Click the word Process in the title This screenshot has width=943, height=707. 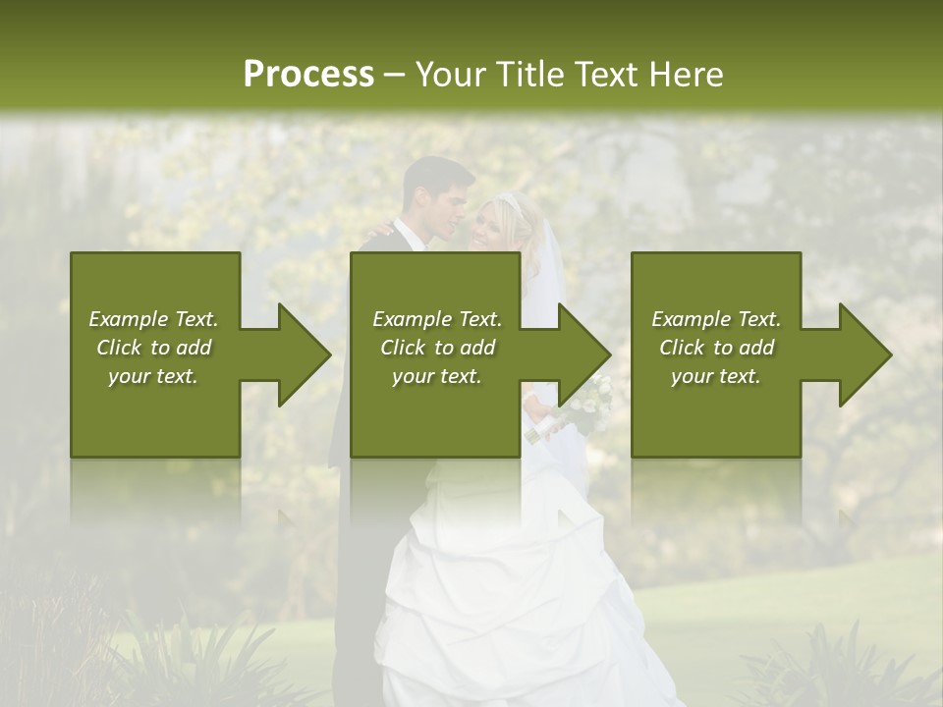pos(308,75)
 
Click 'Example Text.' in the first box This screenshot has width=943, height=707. pos(153,319)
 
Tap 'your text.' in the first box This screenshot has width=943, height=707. pos(153,376)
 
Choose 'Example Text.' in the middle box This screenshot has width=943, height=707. pos(437,319)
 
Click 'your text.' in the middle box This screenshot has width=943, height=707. pos(437,376)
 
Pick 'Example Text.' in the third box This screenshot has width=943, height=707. pos(716,319)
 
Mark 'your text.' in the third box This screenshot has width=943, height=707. pos(716,376)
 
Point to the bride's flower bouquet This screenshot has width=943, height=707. pos(587,398)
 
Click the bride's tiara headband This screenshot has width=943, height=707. pos(508,203)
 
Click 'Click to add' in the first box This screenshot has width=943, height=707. pos(153,348)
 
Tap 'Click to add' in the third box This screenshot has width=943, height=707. pos(716,348)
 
